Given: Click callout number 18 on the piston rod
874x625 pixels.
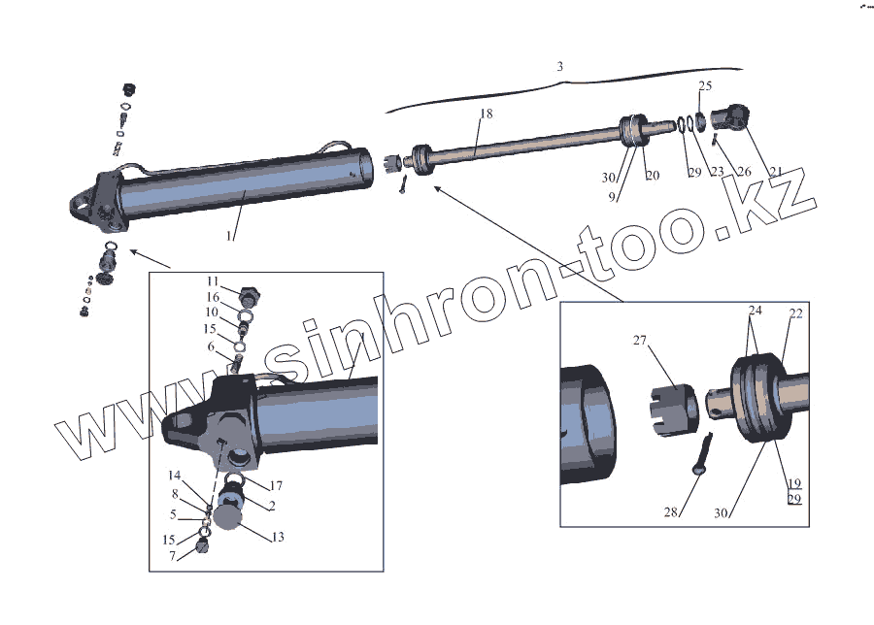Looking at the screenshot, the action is pos(487,114).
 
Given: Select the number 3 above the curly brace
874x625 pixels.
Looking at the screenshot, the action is pos(560,67).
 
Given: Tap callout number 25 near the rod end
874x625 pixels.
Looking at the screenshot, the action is pos(705,86).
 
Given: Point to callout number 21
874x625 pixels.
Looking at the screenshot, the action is pos(749,172).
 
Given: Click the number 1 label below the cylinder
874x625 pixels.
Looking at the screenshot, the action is pos(230,235).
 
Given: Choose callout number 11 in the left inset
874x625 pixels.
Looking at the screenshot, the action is pos(213,281).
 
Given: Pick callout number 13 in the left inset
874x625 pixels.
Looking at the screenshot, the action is pos(278,537).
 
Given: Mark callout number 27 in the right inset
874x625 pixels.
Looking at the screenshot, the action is pos(639,341).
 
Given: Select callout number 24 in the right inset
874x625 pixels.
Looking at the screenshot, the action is pos(755,312).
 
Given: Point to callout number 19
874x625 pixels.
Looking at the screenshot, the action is pos(794,482).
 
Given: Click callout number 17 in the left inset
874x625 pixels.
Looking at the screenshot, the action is pos(276,485).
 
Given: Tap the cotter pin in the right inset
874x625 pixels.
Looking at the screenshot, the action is pos(707,454).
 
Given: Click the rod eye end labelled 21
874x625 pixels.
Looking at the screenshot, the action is pos(729,119).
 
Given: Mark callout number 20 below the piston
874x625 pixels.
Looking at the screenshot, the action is pos(652,176).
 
